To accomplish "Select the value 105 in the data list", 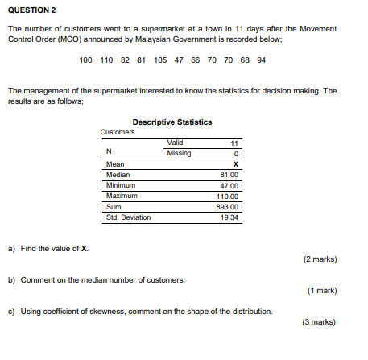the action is click(159, 60).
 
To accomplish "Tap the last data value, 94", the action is click(261, 60).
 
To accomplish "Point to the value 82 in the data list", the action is click(125, 60).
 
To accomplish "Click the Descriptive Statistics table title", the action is click(172, 122).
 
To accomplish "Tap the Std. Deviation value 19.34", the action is click(229, 217).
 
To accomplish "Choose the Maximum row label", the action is click(122, 196).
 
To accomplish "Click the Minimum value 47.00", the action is click(229, 185).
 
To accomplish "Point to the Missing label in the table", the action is click(179, 153).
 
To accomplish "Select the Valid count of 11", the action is click(235, 143).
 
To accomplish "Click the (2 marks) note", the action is click(320, 259).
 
